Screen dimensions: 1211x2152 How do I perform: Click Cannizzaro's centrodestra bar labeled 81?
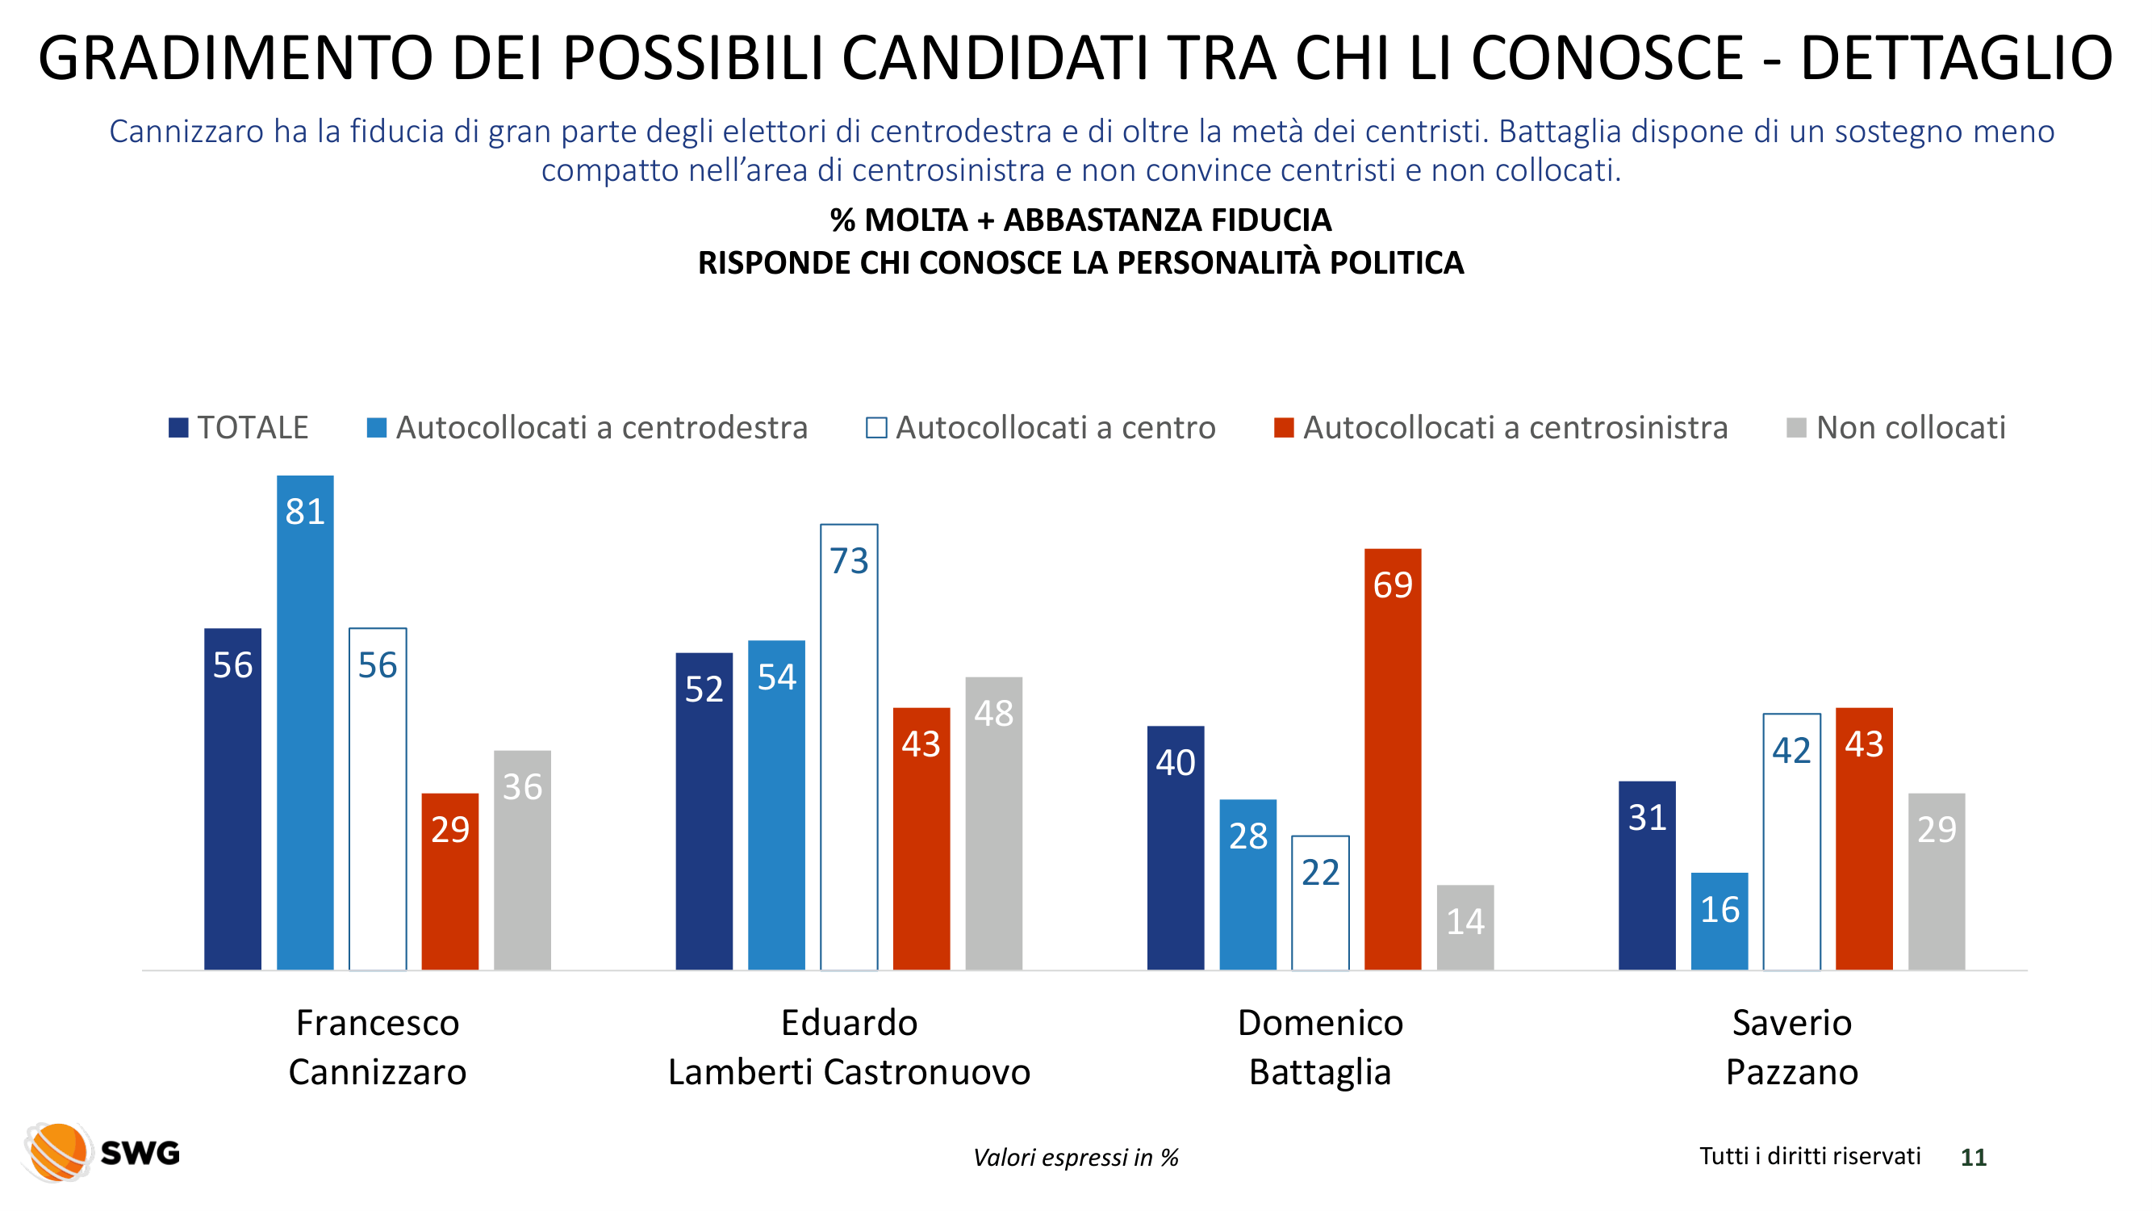(x=305, y=722)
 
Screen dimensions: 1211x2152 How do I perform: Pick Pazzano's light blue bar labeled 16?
(x=1720, y=921)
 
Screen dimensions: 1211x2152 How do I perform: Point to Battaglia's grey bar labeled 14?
(x=1465, y=927)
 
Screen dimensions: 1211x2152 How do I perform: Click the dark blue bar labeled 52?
(x=704, y=811)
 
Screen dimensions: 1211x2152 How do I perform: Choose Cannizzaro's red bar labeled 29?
(x=449, y=881)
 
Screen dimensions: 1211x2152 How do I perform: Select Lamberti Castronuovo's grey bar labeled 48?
(x=993, y=823)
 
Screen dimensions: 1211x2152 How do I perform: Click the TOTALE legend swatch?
(x=178, y=428)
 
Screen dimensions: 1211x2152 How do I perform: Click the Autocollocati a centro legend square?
(x=876, y=428)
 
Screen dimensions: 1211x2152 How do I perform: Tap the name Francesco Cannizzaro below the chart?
(x=378, y=1046)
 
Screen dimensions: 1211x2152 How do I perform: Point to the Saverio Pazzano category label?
(x=1792, y=1046)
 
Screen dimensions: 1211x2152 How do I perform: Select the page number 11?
(x=1973, y=1157)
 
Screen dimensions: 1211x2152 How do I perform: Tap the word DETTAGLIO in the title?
(x=1956, y=58)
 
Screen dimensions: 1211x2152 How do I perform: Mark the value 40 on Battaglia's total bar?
(x=1176, y=762)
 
